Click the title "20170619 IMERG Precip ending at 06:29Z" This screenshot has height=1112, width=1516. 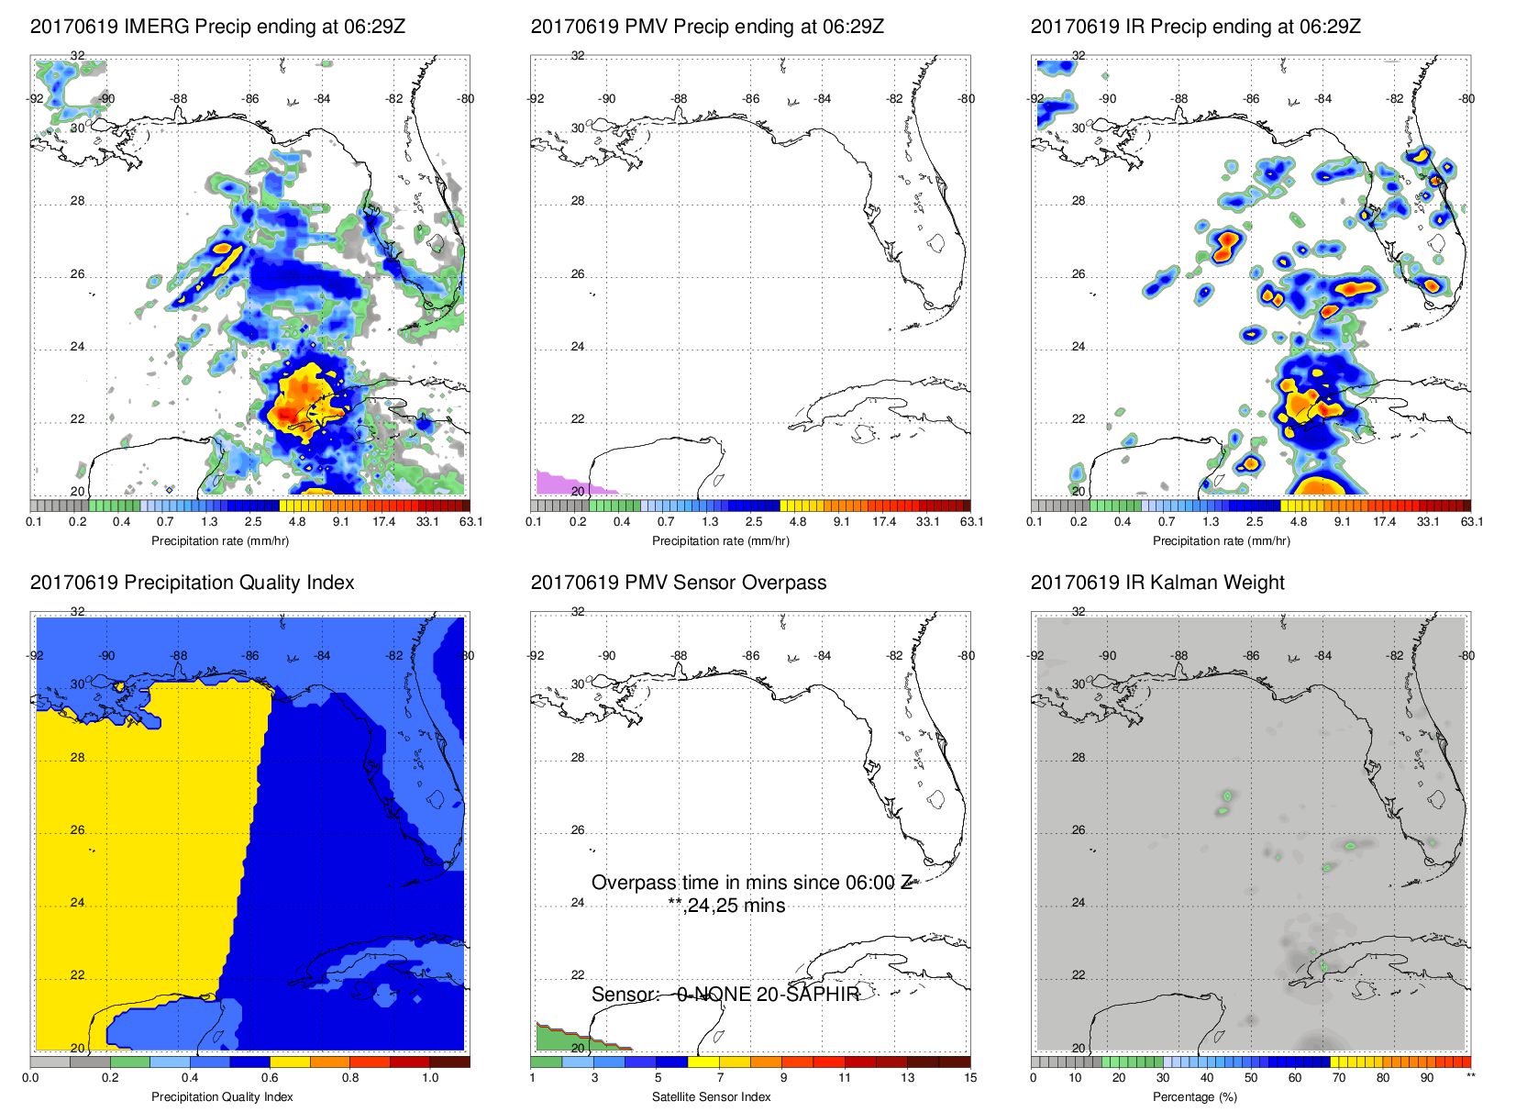pyautogui.click(x=217, y=27)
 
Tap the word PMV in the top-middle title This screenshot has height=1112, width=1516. pyautogui.click(x=646, y=27)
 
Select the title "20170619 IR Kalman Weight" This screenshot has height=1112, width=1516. pyautogui.click(x=1157, y=583)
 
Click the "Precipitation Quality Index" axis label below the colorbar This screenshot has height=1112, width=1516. pyautogui.click(x=222, y=1096)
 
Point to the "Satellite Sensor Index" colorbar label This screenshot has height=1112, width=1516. pyautogui.click(x=711, y=1096)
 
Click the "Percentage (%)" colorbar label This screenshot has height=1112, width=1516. pyautogui.click(x=1195, y=1096)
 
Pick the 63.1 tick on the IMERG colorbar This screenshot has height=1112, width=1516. pyautogui.click(x=470, y=522)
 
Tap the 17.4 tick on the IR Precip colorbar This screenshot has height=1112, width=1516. pyautogui.click(x=1385, y=522)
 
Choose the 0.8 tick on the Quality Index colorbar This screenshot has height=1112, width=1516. pyautogui.click(x=350, y=1078)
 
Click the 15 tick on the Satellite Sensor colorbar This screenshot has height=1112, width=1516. pyautogui.click(x=970, y=1078)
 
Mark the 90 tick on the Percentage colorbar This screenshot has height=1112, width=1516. pyautogui.click(x=1427, y=1078)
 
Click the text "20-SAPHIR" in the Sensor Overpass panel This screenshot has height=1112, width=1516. pyautogui.click(x=808, y=995)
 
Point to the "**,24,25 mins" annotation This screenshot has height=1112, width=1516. pyautogui.click(x=726, y=906)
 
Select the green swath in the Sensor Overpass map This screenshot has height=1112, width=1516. pyautogui.click(x=559, y=1039)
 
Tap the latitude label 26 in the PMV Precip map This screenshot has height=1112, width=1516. pyautogui.click(x=578, y=274)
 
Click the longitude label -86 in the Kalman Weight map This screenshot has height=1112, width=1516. pyautogui.click(x=1252, y=656)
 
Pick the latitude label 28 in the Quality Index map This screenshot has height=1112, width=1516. pyautogui.click(x=77, y=758)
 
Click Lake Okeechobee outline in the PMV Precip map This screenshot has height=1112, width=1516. pyautogui.click(x=936, y=243)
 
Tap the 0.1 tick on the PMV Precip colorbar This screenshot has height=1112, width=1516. pyautogui.click(x=534, y=522)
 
